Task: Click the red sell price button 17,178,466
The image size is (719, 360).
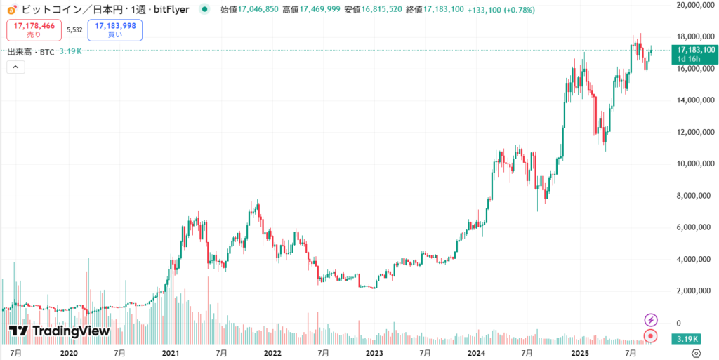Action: coord(34,29)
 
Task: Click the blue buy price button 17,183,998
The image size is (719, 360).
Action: coord(114,29)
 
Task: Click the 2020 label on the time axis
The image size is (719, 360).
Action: coord(68,352)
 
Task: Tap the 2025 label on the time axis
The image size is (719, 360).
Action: coord(579,352)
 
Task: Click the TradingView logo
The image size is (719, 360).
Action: coord(59,331)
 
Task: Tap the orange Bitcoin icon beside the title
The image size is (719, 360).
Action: coord(11,9)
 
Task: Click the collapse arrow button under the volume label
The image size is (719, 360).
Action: coord(15,67)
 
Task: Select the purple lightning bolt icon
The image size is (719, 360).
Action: coord(651,319)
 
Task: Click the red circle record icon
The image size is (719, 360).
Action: coord(651,336)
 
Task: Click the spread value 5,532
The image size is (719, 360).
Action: coord(74,29)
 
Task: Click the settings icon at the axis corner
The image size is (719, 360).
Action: coord(696,352)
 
